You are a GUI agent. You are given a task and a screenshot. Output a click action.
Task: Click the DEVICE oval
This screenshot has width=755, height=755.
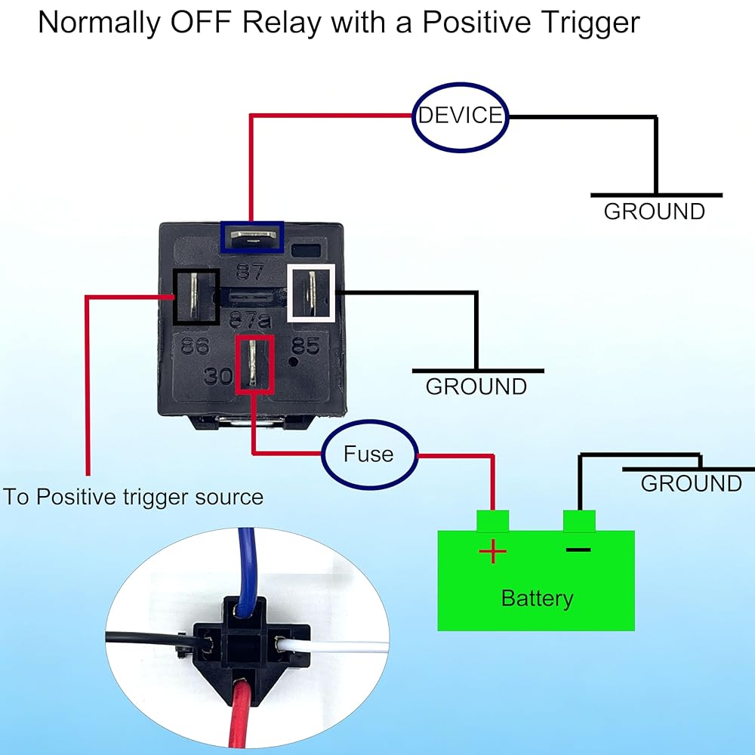click(461, 118)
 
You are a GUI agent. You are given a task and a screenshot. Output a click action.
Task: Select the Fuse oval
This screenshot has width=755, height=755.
click(369, 455)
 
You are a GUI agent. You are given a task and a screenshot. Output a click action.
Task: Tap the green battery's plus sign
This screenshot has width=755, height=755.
click(492, 551)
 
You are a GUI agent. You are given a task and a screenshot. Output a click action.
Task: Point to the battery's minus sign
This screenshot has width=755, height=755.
click(578, 550)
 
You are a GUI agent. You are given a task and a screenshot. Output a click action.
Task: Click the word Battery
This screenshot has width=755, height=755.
click(537, 599)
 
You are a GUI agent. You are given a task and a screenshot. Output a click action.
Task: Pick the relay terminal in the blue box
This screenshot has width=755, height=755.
click(252, 236)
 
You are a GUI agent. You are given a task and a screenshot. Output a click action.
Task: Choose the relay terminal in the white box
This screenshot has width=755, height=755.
click(311, 292)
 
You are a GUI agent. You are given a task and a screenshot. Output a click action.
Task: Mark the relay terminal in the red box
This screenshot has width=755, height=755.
click(254, 365)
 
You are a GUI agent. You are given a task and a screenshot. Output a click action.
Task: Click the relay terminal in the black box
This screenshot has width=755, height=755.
click(196, 297)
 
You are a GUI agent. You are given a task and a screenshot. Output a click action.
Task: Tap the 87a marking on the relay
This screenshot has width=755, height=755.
click(250, 319)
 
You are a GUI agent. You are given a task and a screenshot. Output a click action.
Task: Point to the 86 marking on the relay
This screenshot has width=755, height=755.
click(195, 346)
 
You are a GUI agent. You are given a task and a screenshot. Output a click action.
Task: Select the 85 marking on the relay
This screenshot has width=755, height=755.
click(305, 345)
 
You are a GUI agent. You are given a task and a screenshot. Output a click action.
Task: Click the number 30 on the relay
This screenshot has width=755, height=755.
click(219, 376)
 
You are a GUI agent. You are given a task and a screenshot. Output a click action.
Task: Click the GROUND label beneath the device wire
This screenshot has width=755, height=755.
click(655, 211)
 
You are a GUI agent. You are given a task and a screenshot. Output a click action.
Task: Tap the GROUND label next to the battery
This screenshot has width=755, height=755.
click(691, 483)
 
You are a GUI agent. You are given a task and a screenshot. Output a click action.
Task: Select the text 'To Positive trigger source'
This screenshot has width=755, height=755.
click(134, 497)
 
